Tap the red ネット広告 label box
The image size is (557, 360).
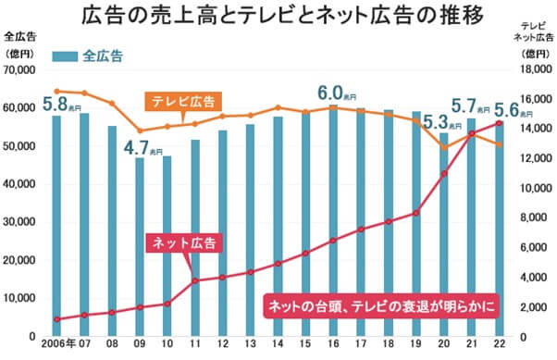coord(184,243)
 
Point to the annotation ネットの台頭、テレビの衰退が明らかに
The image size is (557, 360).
coord(381,304)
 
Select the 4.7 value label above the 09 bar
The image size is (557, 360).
coord(142,147)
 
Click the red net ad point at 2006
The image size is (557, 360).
coord(57,319)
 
